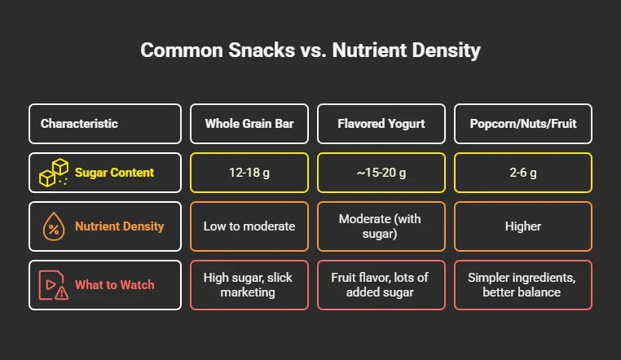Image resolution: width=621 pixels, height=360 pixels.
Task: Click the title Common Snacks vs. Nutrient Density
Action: coord(310,50)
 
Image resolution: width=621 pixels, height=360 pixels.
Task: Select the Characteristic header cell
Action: coord(104,124)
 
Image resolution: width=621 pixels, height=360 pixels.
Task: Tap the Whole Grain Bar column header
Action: coord(249,124)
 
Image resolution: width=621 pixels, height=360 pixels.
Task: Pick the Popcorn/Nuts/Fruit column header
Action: coord(522,124)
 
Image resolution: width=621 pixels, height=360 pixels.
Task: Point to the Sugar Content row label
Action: coord(115,173)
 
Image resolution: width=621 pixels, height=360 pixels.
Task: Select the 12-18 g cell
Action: coord(249,173)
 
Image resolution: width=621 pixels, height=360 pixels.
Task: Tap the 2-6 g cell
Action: coord(522,173)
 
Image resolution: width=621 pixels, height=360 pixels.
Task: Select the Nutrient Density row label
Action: coord(120,227)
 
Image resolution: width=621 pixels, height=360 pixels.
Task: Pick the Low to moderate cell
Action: coord(249,227)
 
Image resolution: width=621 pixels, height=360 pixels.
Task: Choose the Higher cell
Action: coord(522,227)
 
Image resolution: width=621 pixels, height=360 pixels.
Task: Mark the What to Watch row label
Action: coord(114,284)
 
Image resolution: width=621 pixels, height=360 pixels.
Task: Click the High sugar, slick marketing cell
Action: coord(249,284)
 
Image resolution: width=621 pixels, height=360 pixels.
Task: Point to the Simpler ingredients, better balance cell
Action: coord(522,284)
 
